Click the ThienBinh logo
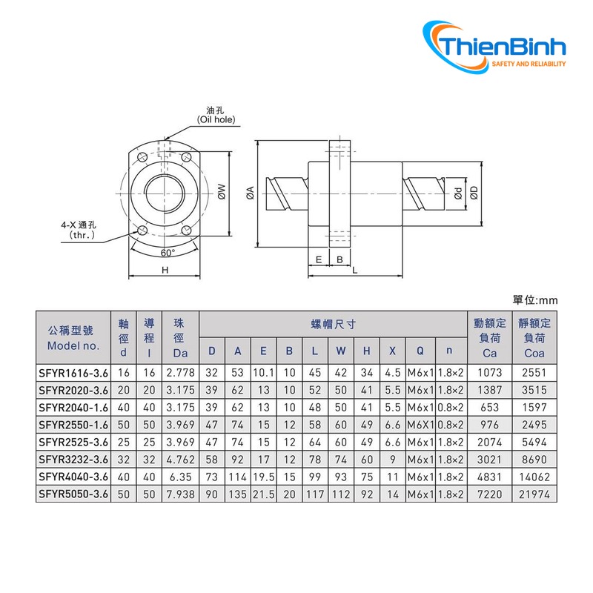pos(494,47)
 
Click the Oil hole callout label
pos(216,115)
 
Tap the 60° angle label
pos(168,253)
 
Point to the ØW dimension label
pos(222,191)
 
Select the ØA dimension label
pos(250,193)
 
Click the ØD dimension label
pos(474,193)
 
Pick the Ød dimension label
pos(458,193)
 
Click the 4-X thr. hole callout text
pos(79,230)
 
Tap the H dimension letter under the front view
pos(165,270)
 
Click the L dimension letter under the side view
pos(354,271)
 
